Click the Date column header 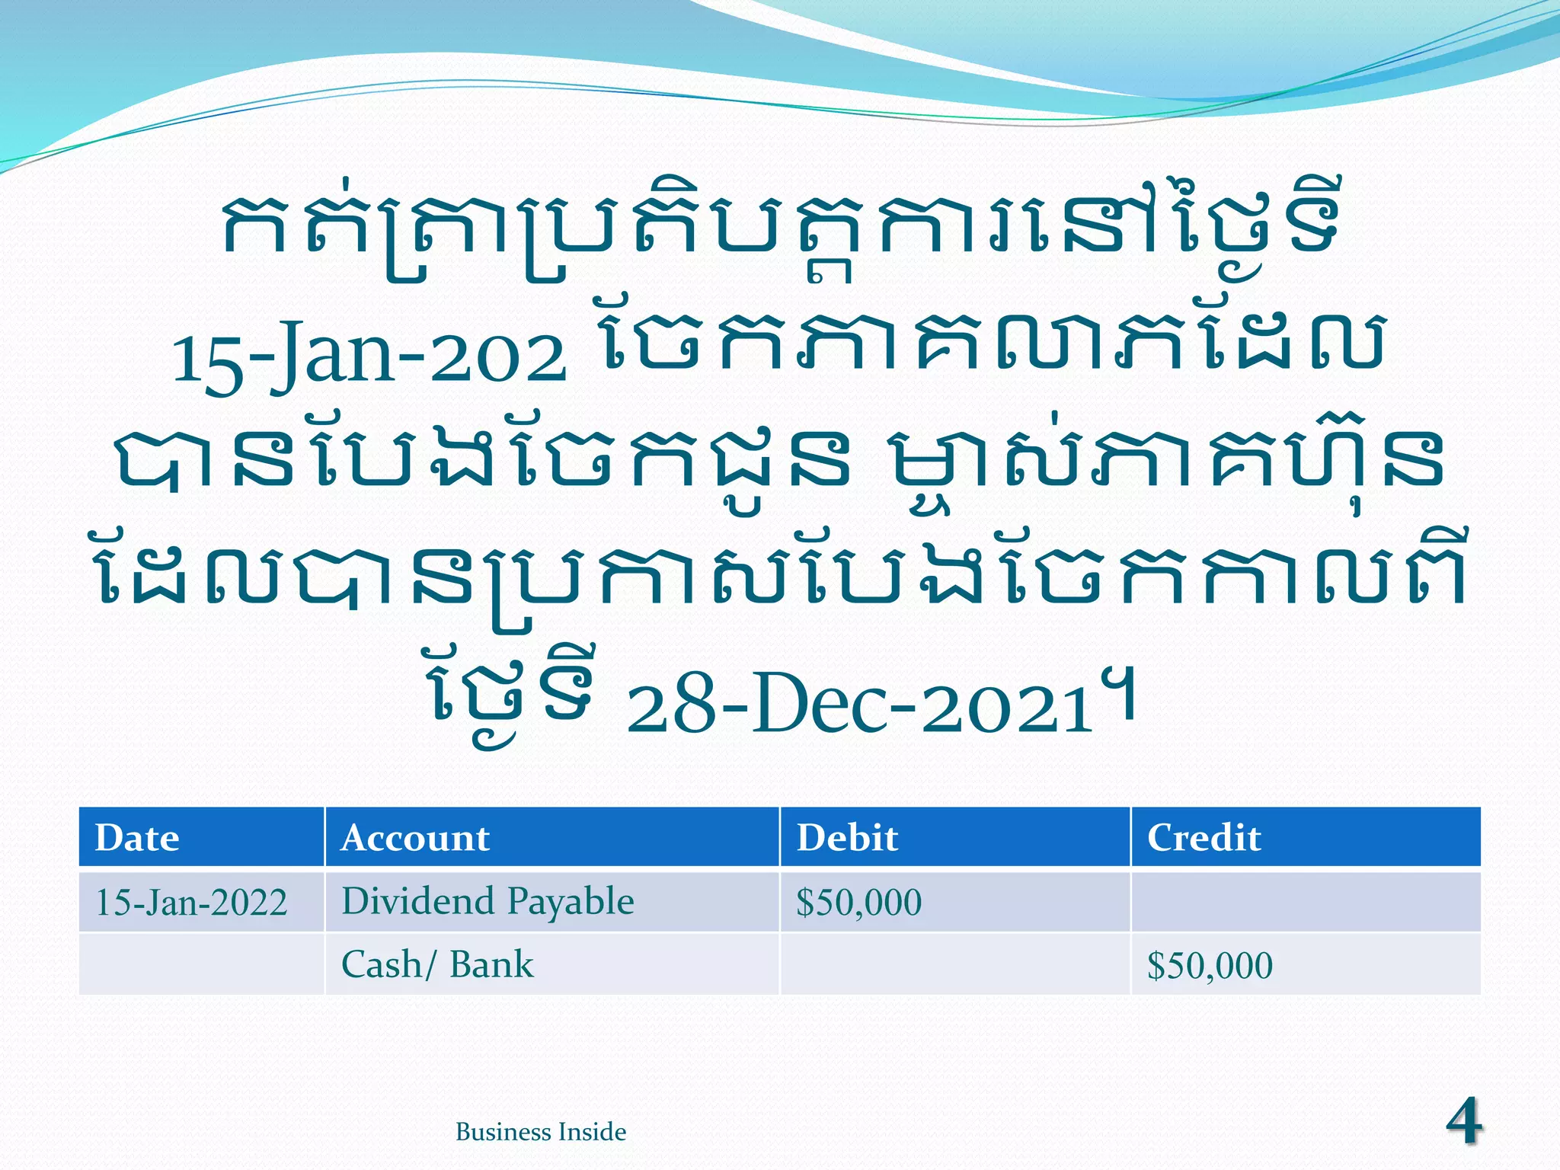pyautogui.click(x=137, y=838)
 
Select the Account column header pyautogui.click(x=415, y=838)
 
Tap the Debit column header pyautogui.click(x=847, y=838)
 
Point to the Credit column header pyautogui.click(x=1204, y=838)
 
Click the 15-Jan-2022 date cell pyautogui.click(x=191, y=903)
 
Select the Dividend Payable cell pyautogui.click(x=487, y=902)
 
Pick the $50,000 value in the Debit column pyautogui.click(x=858, y=903)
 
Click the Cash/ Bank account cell pyautogui.click(x=437, y=965)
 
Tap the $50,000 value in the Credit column pyautogui.click(x=1210, y=966)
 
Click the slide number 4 pyautogui.click(x=1463, y=1120)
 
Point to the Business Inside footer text pyautogui.click(x=541, y=1132)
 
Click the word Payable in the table pyautogui.click(x=571, y=902)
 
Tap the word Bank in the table pyautogui.click(x=491, y=965)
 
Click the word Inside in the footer pyautogui.click(x=592, y=1132)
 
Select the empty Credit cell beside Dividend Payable pyautogui.click(x=1306, y=903)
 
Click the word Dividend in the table pyautogui.click(x=418, y=902)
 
